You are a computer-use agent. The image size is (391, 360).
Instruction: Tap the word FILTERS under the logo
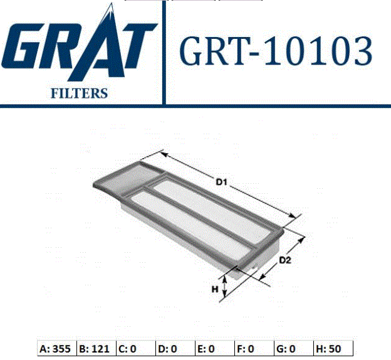click(79, 93)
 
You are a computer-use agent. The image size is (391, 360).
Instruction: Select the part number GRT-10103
click(275, 51)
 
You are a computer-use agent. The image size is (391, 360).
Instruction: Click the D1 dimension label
click(221, 182)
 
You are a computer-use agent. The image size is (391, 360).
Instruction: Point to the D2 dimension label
click(285, 260)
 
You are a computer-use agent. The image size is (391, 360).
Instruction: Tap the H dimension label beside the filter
click(215, 289)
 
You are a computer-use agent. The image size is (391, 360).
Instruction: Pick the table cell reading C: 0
click(136, 349)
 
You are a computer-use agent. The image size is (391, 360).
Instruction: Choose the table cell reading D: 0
click(175, 349)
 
